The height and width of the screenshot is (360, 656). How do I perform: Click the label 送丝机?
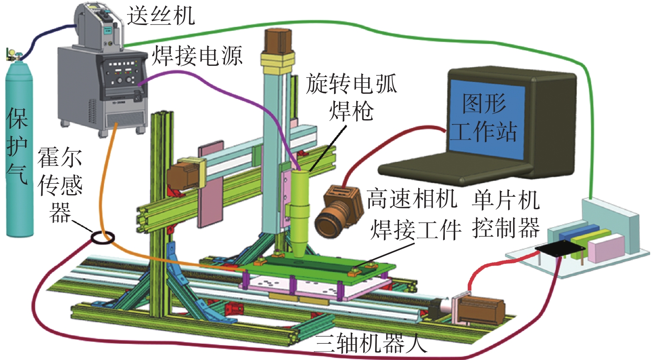point(161,16)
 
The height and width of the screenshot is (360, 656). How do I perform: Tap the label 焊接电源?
point(196,55)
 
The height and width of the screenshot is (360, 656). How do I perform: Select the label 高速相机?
point(412,199)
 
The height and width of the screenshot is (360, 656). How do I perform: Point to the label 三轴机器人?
point(371,344)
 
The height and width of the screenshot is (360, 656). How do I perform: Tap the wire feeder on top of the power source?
point(98,26)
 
